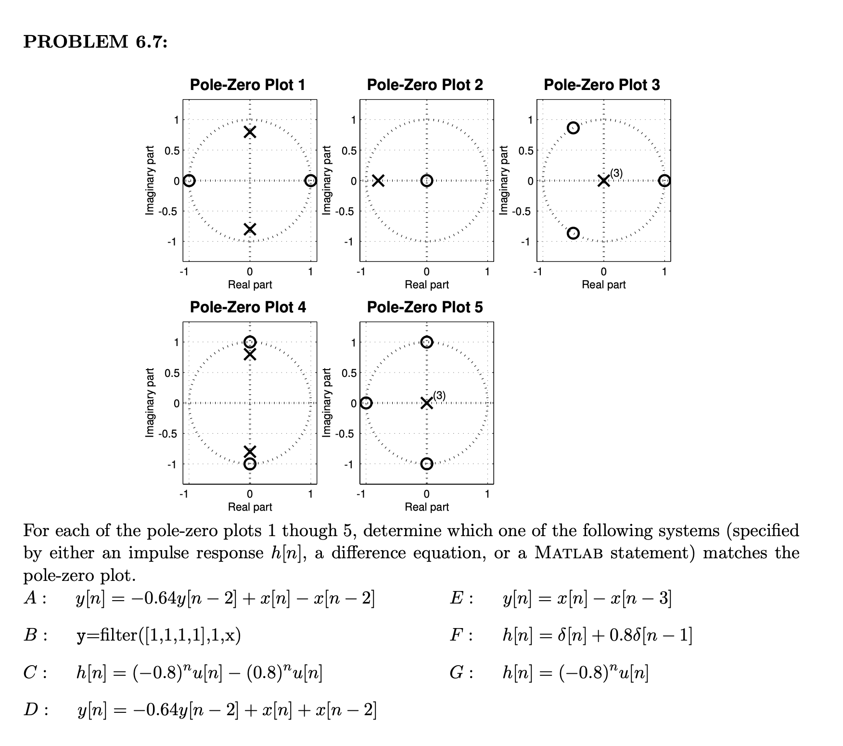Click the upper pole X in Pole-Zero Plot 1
[249, 132]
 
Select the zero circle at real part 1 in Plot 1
[311, 181]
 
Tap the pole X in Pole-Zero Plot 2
[378, 181]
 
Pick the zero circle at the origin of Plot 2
[426, 181]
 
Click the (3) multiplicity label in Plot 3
[616, 173]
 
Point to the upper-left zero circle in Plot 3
[573, 128]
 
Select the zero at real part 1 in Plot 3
[664, 181]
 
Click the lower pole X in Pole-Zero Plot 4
[250, 451]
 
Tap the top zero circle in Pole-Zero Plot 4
[250, 342]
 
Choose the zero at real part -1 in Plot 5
[366, 403]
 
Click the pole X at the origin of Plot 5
[426, 403]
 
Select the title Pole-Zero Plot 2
[425, 85]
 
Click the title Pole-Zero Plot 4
[248, 307]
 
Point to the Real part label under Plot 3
[603, 285]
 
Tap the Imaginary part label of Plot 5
[327, 403]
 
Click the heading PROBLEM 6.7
[96, 42]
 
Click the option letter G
[457, 672]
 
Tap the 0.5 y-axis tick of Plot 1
[171, 151]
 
